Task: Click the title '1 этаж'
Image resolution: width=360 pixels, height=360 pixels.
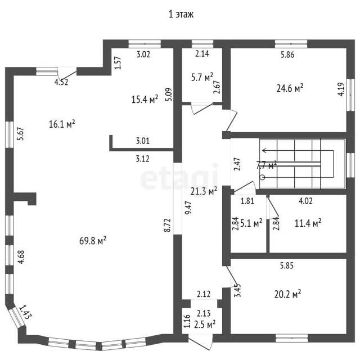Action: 181,14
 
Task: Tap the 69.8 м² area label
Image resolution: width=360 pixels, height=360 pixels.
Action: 93,241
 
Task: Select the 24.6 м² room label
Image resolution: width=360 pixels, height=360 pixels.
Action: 290,88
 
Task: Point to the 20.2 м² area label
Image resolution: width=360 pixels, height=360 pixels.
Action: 287,294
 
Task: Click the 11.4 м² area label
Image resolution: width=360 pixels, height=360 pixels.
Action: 308,223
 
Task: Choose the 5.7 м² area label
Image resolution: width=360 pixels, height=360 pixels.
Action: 202,78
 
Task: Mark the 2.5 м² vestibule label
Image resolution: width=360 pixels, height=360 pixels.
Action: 205,325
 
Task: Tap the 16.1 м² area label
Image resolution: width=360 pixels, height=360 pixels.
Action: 62,124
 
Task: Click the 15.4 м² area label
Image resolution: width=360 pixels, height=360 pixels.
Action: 145,99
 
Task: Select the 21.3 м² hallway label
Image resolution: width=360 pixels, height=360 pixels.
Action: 204,191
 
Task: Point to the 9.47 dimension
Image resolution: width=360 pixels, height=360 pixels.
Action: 188,208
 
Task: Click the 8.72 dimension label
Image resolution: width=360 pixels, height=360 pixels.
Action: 168,225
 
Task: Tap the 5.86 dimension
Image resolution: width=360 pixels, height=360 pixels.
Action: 287,55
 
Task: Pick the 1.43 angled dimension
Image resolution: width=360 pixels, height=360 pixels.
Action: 25,312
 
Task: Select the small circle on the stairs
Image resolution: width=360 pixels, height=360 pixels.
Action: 263,177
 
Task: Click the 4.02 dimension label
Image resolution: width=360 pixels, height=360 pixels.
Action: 305,201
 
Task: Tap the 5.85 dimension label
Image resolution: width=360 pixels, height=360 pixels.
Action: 287,265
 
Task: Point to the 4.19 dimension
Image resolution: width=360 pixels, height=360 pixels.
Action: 341,89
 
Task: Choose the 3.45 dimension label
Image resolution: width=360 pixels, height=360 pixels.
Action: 238,290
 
